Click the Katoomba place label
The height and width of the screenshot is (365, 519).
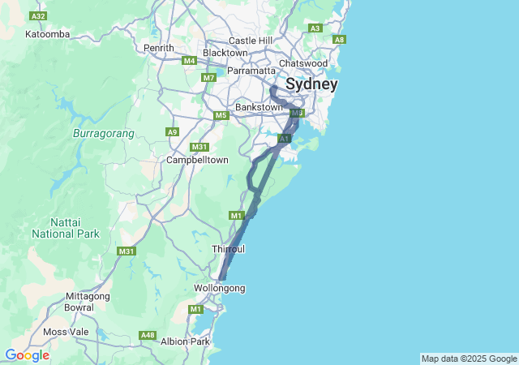pos(47,34)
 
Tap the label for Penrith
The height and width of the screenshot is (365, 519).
pos(158,48)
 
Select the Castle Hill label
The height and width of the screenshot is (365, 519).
pos(251,41)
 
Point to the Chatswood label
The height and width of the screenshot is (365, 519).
pos(302,63)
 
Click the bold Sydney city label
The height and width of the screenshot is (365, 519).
pos(311,84)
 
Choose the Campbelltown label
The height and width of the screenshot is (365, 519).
pos(197,160)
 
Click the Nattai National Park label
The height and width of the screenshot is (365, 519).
pos(65,228)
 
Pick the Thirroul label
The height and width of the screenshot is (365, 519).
pos(228,248)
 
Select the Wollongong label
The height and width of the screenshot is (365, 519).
pos(220,288)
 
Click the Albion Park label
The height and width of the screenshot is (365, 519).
pos(185,341)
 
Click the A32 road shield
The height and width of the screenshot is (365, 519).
pos(37,15)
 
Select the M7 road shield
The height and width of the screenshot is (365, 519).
pos(209,78)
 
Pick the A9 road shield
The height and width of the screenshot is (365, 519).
pos(172,131)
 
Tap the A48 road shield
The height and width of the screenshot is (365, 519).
pos(148,335)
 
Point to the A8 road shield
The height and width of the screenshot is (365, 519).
pos(339,40)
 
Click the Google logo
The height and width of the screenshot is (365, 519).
pos(27,355)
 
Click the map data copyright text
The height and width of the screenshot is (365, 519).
pos(469,359)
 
